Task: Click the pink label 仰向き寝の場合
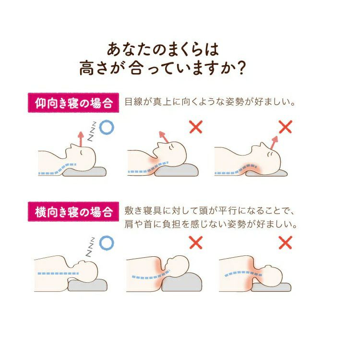(73, 103)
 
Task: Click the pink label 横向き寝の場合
(73, 212)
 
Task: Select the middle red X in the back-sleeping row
(196, 127)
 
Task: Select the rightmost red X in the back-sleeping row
(286, 127)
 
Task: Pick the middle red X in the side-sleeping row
(196, 243)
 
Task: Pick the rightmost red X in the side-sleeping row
(286, 242)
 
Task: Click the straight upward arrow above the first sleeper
(81, 139)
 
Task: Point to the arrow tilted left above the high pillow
(164, 137)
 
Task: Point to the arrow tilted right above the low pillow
(274, 143)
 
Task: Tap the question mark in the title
(241, 68)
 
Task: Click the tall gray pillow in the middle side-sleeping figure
(182, 282)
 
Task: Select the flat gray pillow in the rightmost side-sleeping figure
(271, 287)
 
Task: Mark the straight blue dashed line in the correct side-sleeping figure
(58, 274)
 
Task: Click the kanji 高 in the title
(87, 68)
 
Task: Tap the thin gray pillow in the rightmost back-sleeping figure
(266, 173)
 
